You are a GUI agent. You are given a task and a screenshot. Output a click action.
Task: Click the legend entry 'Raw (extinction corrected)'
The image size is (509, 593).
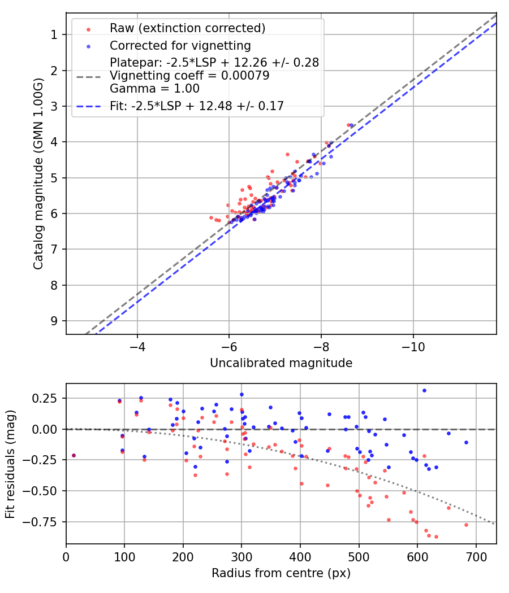187,28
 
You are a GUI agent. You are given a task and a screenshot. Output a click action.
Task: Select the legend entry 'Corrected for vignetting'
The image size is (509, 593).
180,45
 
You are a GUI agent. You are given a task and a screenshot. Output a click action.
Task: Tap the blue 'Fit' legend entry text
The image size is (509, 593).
197,106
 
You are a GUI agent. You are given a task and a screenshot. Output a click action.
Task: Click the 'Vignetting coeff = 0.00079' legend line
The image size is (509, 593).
189,75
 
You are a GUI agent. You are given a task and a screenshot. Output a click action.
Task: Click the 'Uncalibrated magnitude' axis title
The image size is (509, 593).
281,363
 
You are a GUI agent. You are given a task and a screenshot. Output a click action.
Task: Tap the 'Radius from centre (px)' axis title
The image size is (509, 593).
281,573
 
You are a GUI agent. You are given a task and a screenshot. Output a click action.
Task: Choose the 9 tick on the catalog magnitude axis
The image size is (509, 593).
55,321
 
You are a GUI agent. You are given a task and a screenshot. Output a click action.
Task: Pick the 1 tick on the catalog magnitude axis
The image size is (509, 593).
55,34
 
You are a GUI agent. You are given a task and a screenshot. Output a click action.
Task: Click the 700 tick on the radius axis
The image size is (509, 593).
476,556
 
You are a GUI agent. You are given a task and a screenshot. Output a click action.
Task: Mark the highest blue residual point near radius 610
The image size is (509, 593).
424,390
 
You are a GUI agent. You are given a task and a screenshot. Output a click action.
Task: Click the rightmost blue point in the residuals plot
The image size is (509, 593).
466,442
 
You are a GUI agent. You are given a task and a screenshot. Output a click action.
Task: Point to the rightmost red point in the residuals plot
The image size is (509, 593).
466,525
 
